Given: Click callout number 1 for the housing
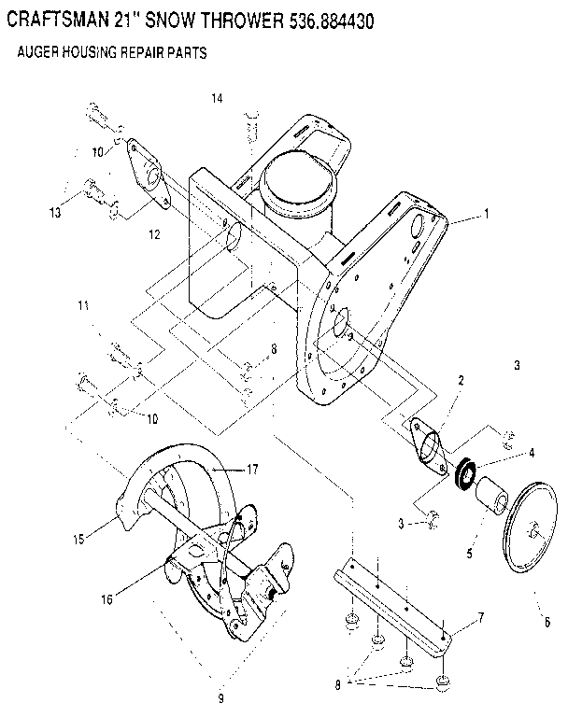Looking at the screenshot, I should click(x=486, y=214).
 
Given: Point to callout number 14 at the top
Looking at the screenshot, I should click(x=217, y=98).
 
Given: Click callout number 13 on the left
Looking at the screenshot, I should click(x=57, y=213).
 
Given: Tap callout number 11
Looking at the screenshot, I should click(x=83, y=305).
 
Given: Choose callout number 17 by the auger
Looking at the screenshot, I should click(x=251, y=469).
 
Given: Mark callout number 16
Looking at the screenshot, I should click(x=107, y=598).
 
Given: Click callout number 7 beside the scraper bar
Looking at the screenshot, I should click(x=480, y=617).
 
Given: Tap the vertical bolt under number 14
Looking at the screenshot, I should click(x=249, y=127).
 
